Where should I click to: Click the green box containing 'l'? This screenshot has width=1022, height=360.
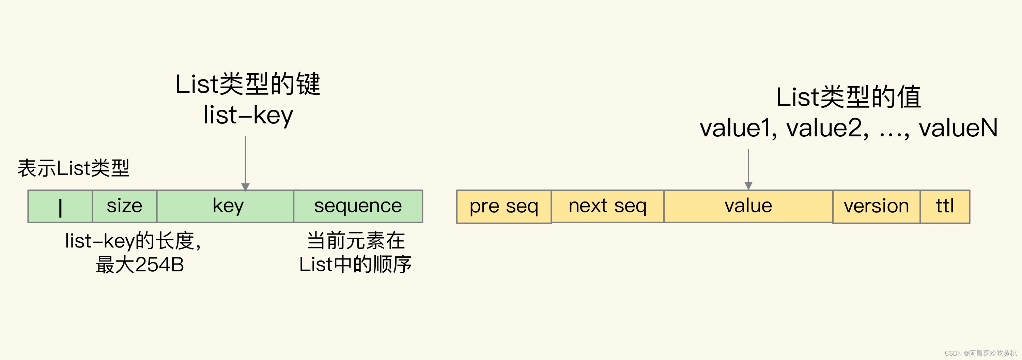point(60,206)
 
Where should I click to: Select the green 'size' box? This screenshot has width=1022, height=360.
point(125,206)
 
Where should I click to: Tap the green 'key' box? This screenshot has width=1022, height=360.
point(225,206)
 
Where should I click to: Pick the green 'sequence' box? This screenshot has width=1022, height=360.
point(358,206)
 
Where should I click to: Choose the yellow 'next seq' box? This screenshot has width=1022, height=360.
point(607,206)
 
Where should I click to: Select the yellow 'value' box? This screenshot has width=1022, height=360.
point(748,206)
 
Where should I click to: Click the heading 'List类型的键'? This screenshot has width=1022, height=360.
point(248,84)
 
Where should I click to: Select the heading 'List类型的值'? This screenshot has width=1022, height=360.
point(848,97)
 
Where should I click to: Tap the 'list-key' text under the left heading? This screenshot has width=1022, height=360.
point(248,115)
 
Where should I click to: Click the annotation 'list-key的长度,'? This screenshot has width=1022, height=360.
point(133,241)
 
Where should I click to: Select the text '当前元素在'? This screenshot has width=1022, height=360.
point(356,241)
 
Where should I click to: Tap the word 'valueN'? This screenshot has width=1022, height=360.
point(958,128)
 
